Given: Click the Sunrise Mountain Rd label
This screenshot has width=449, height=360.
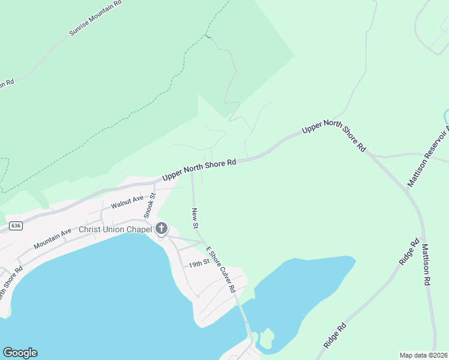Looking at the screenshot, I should tap(95, 18).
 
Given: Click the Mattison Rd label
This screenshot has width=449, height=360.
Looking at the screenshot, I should tap(426, 265).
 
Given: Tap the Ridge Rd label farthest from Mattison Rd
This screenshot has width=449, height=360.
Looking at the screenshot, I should tap(335, 337).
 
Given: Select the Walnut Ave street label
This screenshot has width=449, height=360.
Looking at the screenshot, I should tap(127, 200).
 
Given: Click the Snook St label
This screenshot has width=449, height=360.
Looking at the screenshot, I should tap(149, 205).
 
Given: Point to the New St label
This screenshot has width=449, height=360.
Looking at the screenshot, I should tap(195, 218).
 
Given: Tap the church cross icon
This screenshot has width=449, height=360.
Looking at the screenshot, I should tap(161, 228).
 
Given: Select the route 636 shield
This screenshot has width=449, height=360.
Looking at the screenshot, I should tap(16, 226).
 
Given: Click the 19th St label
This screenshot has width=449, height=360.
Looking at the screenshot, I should tap(198, 263).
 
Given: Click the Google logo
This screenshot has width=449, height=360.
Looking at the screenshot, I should tap(20, 353).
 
